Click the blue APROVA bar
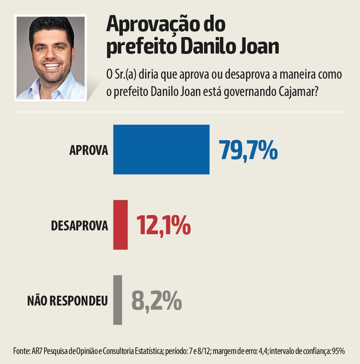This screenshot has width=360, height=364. pos(161,149)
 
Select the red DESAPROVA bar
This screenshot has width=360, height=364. pos(121,225)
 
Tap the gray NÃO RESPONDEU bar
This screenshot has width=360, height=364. pos(118,300)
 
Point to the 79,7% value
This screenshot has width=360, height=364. pos(248,150)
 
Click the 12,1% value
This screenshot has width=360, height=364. pos(163,225)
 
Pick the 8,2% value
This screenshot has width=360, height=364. pos(156,300)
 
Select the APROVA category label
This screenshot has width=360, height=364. pos(89,150)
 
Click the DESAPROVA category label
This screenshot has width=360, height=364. pos(79,225)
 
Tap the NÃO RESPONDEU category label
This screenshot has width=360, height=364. pos(67,301)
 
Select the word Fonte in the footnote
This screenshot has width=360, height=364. pos(21,351)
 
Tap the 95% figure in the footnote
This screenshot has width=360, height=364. pos(339,351)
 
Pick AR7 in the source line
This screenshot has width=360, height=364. pos(39,351)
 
